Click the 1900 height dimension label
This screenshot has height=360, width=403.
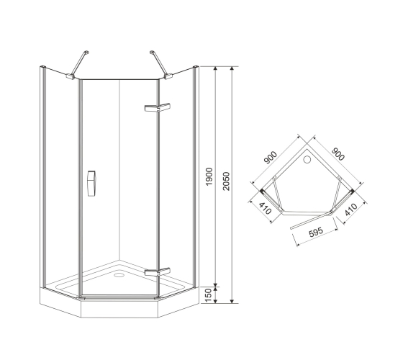[x=209, y=176]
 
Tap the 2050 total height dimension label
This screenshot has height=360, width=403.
[x=226, y=181]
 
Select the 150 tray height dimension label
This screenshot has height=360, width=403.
[x=209, y=295]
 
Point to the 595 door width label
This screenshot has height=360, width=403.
[x=316, y=232]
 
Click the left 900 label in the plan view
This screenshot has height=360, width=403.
[x=271, y=158]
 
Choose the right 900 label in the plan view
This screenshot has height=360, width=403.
[x=338, y=154]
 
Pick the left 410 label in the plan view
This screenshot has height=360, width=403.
[x=265, y=208]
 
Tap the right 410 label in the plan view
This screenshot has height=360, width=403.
[x=351, y=210]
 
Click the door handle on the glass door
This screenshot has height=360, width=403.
[x=91, y=184]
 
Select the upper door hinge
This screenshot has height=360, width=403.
[x=158, y=107]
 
